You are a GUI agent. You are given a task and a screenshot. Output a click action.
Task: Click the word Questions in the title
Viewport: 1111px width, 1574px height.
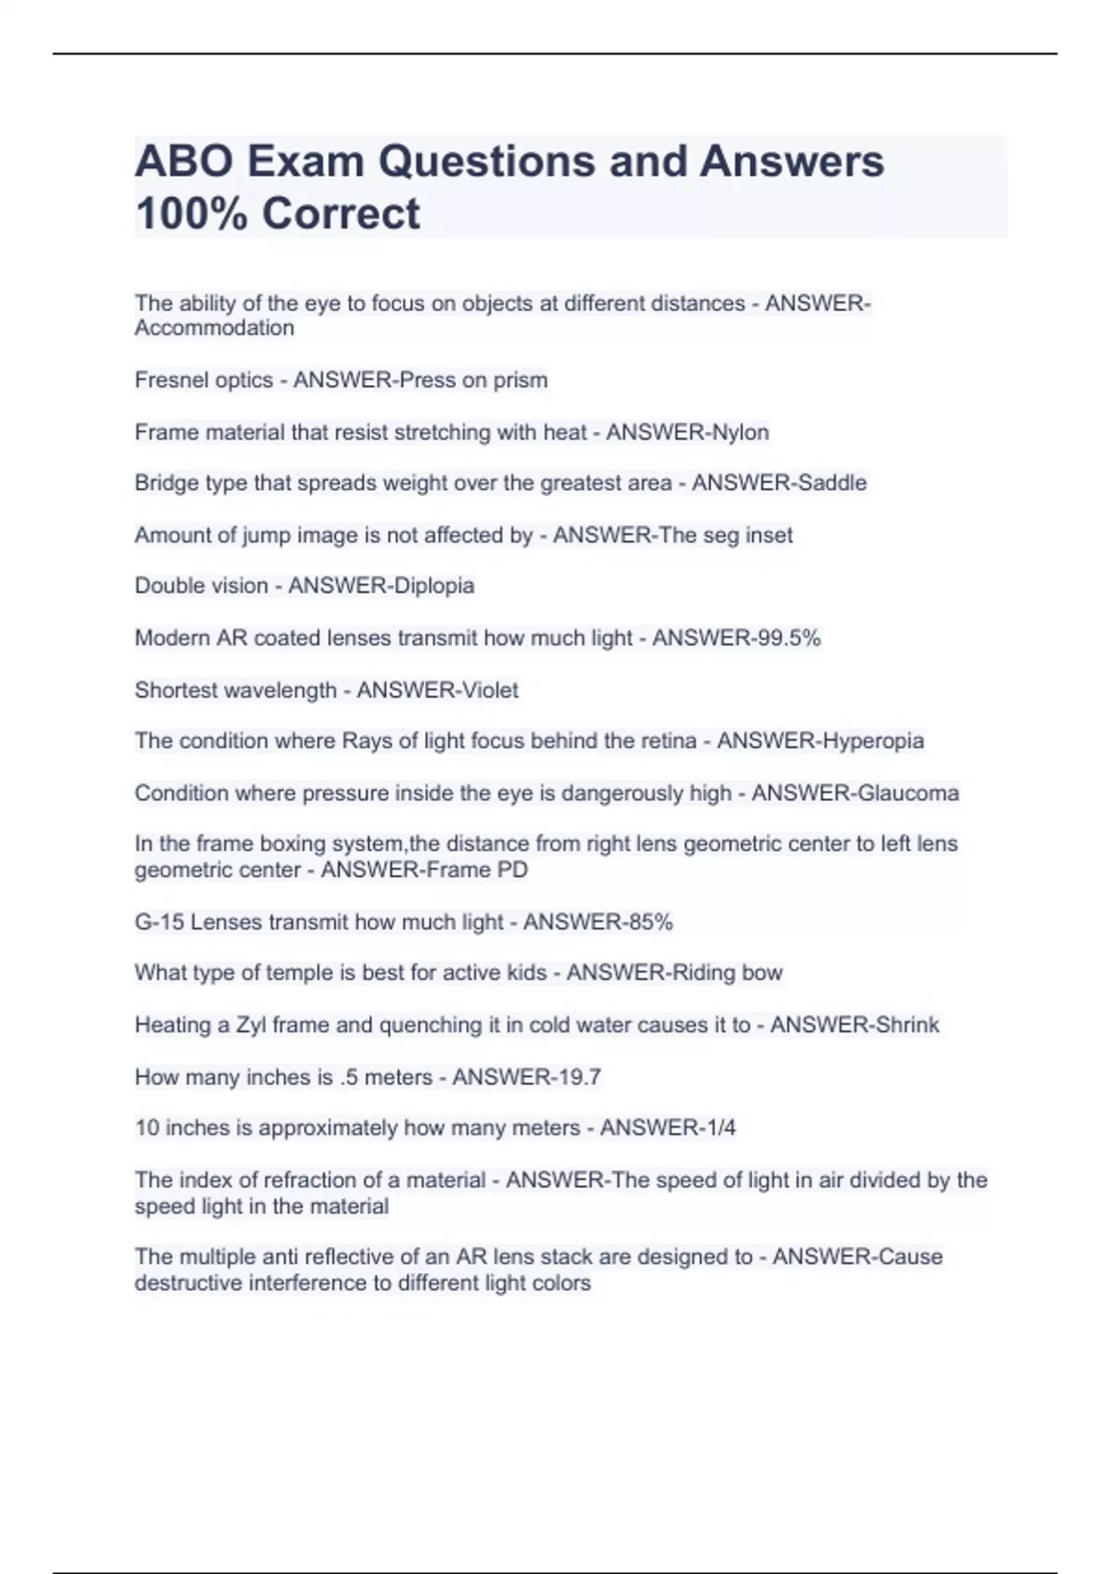coord(486,162)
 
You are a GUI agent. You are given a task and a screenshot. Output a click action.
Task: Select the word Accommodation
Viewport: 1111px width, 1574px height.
coord(214,328)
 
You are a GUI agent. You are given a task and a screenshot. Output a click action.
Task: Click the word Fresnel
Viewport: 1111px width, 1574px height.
coord(169,380)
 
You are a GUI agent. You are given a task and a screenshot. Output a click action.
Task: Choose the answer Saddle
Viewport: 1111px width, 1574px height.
coord(830,482)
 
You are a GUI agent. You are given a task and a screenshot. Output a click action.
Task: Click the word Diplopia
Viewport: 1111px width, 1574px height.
coord(434,585)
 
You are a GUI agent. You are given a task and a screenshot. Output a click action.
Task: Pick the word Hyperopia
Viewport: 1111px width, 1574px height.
coord(872,741)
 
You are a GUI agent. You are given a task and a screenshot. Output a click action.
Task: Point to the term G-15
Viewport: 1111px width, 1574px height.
coord(159,922)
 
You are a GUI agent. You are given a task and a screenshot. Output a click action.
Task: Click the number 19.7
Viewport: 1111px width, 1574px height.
coord(577,1077)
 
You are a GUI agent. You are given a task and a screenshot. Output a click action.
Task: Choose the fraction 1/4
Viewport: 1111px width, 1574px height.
coord(718,1128)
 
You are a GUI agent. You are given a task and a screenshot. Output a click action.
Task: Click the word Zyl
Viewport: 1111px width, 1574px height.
coord(251,1025)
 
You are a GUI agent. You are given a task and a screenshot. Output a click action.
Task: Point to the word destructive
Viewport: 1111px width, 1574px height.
coord(189,1283)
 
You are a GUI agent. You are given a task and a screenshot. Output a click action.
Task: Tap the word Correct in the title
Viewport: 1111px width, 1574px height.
coord(341,214)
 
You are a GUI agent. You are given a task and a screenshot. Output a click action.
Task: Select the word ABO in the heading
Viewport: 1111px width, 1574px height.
coord(184,162)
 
